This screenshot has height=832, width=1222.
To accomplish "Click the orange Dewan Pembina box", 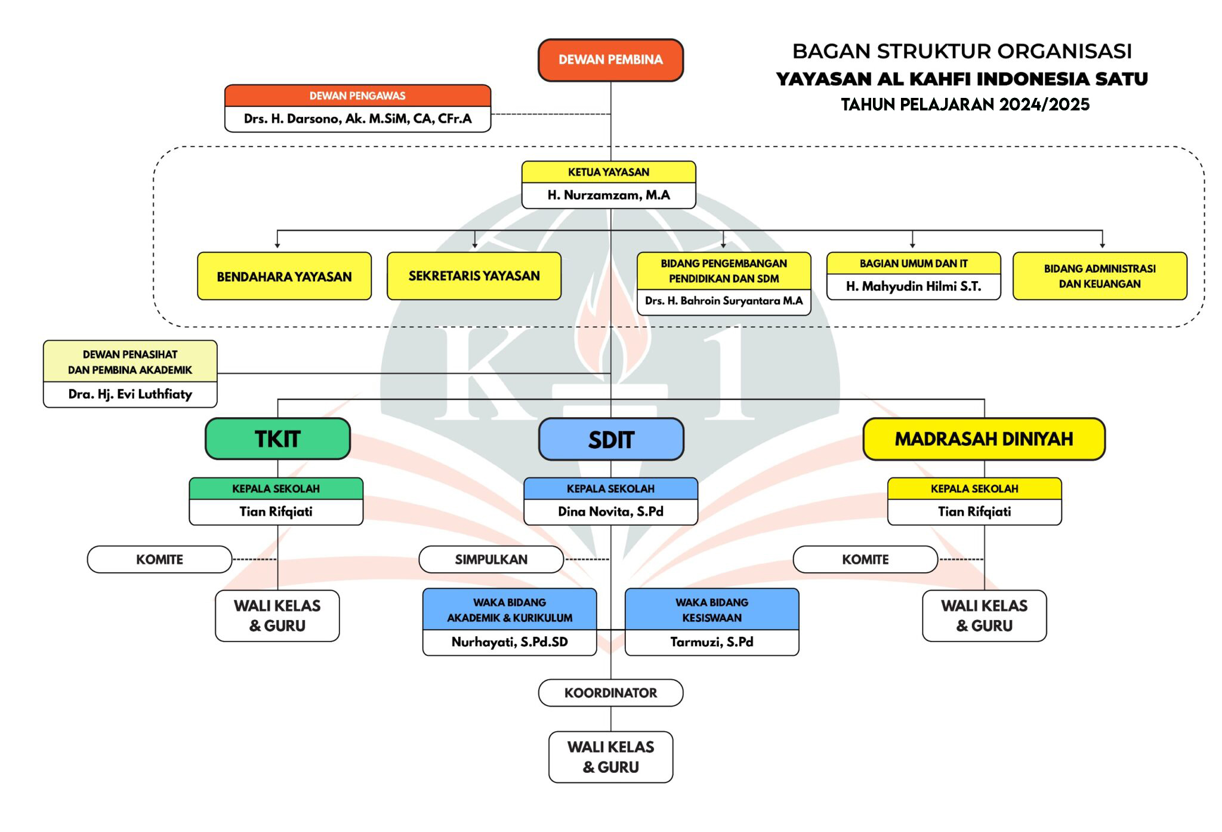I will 610,60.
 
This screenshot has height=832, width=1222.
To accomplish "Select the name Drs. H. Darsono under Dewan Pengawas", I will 357,119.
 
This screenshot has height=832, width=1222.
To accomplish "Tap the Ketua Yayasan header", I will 609,172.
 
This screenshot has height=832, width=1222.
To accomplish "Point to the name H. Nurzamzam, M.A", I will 609,195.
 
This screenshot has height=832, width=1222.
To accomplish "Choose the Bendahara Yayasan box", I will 284,276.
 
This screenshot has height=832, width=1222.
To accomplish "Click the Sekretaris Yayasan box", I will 474,276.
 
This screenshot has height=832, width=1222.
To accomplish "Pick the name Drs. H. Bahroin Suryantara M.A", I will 723,301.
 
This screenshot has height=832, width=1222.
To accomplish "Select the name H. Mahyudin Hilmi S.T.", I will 913,286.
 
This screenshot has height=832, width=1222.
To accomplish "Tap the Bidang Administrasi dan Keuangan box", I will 1099,276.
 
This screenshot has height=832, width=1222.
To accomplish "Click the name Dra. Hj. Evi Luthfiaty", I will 130,395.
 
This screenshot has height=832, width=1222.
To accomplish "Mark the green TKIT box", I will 277,439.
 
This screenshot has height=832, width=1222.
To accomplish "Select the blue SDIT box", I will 611,440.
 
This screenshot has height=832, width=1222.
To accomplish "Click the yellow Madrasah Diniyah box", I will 983,439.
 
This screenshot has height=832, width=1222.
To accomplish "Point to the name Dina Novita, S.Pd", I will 610,511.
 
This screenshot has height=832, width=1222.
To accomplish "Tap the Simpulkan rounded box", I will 491,559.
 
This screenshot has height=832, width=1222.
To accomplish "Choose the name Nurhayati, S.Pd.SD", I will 509,642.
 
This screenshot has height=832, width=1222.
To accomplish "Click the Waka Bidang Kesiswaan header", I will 711,609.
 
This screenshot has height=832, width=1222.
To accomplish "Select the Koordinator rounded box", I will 610,693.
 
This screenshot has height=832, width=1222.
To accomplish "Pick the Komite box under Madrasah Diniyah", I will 865,559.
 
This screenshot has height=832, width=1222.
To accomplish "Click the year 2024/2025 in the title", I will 1044,105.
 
